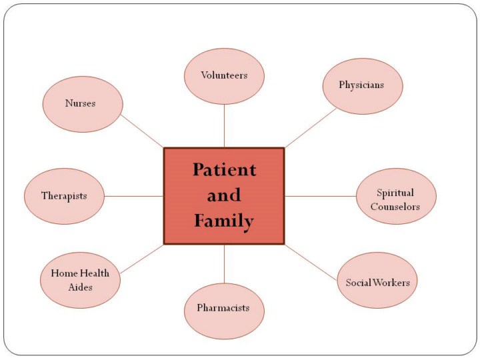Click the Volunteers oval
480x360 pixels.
point(224,75)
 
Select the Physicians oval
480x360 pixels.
point(362,85)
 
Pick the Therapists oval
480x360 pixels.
point(65,196)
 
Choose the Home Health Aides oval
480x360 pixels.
point(80,279)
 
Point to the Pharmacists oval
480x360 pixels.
point(224,308)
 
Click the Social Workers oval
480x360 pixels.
point(377,282)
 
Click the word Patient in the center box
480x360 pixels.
point(224,170)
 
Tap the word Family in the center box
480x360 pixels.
point(224,221)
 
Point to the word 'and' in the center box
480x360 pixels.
point(224,195)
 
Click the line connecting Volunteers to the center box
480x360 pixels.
point(224,126)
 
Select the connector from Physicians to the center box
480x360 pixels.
point(311,128)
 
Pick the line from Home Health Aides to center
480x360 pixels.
point(142,260)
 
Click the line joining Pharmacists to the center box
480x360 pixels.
point(224,263)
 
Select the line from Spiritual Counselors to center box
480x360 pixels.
point(321,196)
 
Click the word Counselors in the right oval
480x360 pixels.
point(396,207)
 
